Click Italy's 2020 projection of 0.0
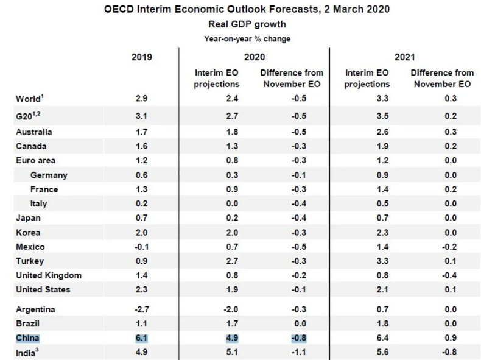pos(217,204)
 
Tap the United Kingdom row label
pos(49,275)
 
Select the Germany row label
pos(49,175)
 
